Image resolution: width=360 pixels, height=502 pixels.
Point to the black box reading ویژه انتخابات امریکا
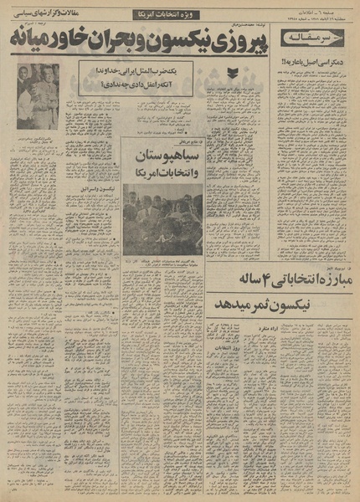pyautogui.click(x=165, y=16)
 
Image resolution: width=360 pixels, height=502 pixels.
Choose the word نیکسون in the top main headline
pyautogui.click(x=177, y=43)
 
